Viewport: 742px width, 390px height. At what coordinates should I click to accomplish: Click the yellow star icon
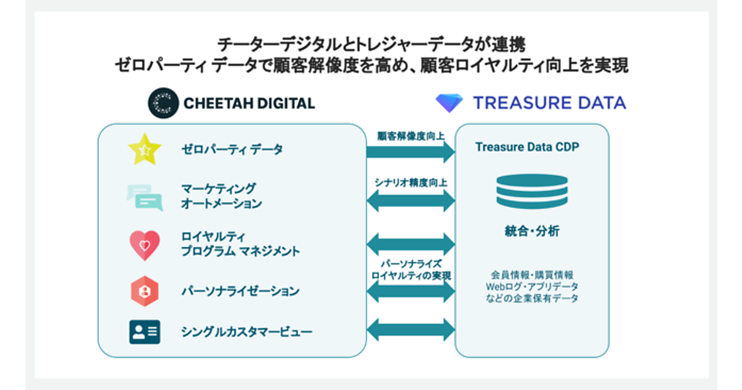(x=144, y=149)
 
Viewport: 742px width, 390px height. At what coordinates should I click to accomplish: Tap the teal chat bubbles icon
(x=144, y=197)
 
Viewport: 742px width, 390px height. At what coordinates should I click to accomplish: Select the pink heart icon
(x=144, y=245)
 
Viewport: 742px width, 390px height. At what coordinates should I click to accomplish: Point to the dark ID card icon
(x=144, y=332)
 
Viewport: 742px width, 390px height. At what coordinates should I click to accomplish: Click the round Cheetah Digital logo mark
(x=163, y=103)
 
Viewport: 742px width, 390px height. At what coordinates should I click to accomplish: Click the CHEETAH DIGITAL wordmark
(x=249, y=103)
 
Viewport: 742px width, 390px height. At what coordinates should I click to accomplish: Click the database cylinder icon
(x=532, y=191)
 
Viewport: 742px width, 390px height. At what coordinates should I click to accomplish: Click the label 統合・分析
(x=532, y=232)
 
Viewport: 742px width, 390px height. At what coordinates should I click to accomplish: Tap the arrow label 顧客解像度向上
(x=411, y=136)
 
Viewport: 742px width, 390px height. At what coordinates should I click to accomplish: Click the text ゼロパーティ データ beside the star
(x=232, y=149)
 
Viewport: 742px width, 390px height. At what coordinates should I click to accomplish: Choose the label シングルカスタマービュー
(x=247, y=332)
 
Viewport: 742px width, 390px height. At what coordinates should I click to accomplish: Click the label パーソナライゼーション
(x=240, y=291)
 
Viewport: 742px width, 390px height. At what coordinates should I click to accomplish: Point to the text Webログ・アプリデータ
(x=532, y=287)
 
